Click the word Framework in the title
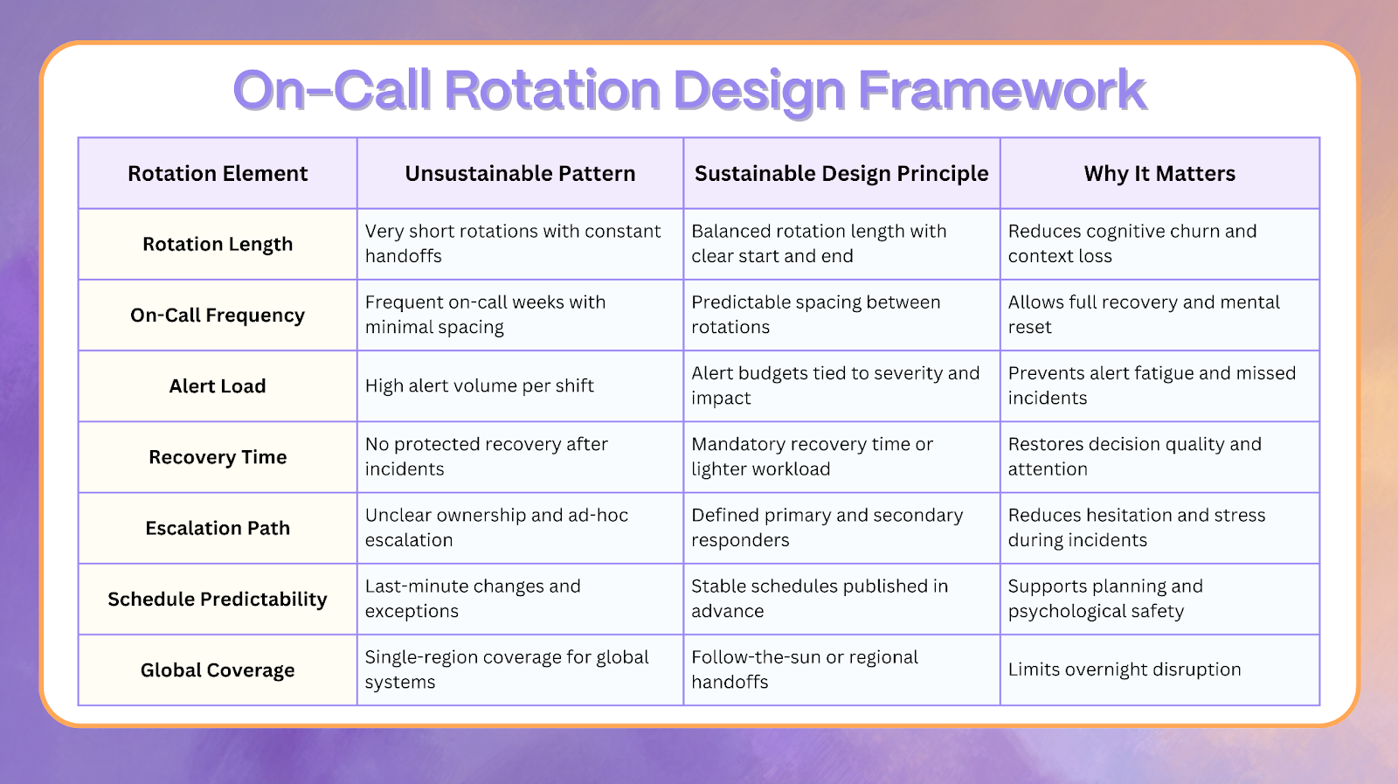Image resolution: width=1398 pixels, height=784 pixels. (x=1001, y=90)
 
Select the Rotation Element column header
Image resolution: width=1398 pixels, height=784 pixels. (x=218, y=174)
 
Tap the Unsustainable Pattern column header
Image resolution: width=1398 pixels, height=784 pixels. (x=520, y=174)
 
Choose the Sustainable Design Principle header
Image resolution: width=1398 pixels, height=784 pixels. (x=841, y=174)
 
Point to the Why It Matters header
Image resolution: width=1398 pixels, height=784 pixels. (x=1159, y=174)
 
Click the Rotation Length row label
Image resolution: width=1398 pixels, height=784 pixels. (x=218, y=245)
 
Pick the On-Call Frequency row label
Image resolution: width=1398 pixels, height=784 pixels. (x=218, y=316)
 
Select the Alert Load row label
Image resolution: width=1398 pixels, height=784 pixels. (x=218, y=386)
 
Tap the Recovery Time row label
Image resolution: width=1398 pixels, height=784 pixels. (x=218, y=457)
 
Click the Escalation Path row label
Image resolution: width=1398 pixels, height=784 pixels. (x=218, y=528)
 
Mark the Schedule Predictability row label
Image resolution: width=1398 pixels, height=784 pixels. (x=218, y=600)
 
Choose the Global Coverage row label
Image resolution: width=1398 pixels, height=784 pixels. (x=218, y=670)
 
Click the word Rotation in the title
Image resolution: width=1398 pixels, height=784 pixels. (x=551, y=90)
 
